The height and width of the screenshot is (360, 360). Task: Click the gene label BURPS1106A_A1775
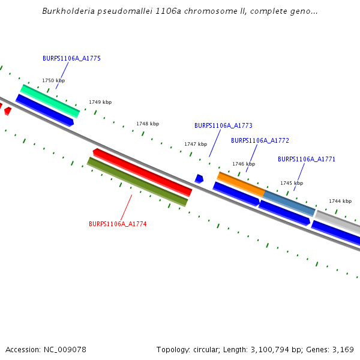(x=71, y=58)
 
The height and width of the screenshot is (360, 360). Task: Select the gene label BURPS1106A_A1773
(x=223, y=126)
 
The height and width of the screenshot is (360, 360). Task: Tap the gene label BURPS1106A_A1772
(x=260, y=140)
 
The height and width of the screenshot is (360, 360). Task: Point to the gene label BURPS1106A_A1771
(x=307, y=159)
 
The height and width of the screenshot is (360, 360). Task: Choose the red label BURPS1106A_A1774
(x=118, y=224)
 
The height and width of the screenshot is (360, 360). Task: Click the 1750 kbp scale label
(x=53, y=80)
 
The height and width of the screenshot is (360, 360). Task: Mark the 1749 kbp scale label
(x=100, y=102)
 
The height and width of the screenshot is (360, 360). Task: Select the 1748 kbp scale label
(x=148, y=124)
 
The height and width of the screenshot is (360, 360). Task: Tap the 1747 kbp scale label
(x=196, y=144)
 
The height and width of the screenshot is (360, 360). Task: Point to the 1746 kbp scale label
(x=244, y=164)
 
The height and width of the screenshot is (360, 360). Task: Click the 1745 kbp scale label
(x=292, y=183)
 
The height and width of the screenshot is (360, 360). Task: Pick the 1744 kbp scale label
(x=340, y=201)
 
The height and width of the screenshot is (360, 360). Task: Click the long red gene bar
(x=143, y=172)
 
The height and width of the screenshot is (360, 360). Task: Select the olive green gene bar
(x=137, y=182)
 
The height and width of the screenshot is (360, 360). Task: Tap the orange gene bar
(x=241, y=184)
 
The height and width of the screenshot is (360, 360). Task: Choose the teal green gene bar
(x=50, y=101)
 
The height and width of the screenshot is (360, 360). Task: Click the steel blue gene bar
(x=289, y=203)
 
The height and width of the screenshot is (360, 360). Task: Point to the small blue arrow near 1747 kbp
(x=199, y=179)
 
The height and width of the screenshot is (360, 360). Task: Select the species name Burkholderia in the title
(x=65, y=11)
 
